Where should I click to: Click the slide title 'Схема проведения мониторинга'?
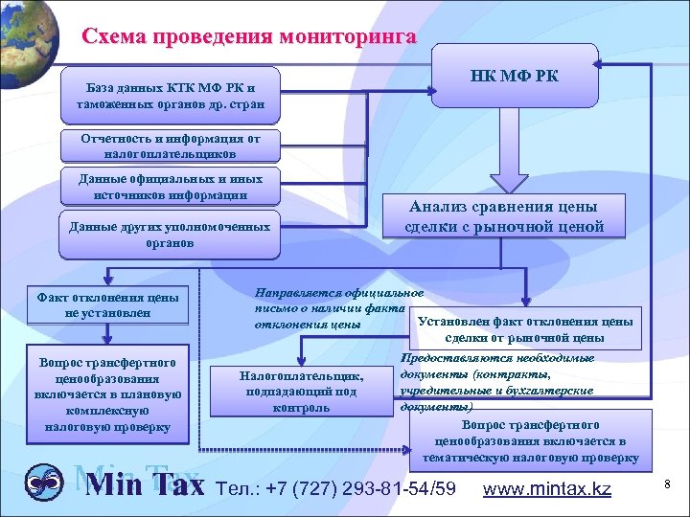point(249,37)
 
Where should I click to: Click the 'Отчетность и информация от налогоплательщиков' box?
point(170,146)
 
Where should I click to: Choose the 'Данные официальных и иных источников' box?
point(170,187)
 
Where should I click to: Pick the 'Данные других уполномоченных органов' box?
point(170,236)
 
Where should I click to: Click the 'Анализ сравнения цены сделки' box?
point(503,216)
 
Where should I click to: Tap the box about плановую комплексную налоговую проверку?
point(106,393)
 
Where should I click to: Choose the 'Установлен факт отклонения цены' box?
point(524,329)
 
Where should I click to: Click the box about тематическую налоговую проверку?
point(530,440)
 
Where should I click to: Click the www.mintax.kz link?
point(548,488)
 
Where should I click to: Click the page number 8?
point(667,486)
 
